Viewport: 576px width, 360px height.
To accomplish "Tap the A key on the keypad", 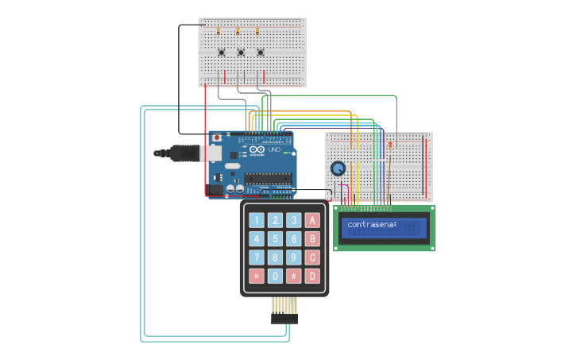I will [312, 220].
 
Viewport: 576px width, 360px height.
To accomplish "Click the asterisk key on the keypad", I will [257, 276].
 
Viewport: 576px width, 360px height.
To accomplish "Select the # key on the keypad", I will [294, 276].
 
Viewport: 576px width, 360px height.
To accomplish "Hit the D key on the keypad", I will [312, 276].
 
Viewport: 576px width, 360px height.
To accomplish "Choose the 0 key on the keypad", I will [275, 276].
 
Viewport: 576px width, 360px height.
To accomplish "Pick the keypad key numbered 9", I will [294, 257].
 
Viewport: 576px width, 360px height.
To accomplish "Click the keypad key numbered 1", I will [257, 220].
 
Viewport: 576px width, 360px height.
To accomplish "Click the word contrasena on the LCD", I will [372, 225].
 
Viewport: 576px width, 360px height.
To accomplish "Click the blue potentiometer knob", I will [338, 168].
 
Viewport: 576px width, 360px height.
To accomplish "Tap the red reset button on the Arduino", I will [217, 137].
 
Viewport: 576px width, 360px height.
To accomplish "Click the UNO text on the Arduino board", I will [274, 149].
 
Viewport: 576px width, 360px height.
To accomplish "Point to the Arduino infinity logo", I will [256, 149].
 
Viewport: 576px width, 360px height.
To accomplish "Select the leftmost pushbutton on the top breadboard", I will [222, 53].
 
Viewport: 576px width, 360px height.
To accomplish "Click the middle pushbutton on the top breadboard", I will [241, 53].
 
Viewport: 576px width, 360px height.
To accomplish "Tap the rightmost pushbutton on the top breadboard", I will [260, 53].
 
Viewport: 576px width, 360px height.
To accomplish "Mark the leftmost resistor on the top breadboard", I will [218, 32].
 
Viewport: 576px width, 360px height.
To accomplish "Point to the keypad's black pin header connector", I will [284, 318].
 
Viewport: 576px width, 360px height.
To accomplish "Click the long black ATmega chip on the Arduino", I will [268, 177].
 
